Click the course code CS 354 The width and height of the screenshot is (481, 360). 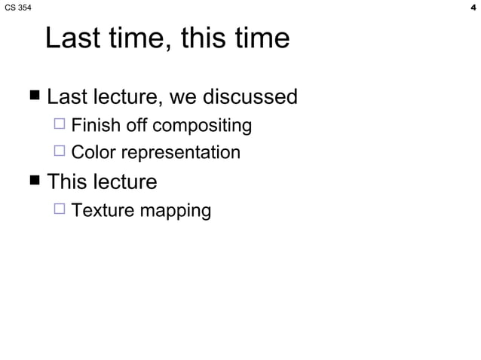tap(18, 8)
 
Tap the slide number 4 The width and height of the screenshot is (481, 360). tap(472, 8)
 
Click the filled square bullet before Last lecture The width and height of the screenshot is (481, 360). tap(34, 97)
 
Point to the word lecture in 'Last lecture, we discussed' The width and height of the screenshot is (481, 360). tap(125, 97)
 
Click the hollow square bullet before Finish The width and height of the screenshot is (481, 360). tap(60, 125)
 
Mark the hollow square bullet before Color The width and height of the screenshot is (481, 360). tap(60, 153)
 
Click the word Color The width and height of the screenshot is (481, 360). tap(93, 153)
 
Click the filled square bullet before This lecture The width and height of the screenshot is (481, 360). tap(34, 182)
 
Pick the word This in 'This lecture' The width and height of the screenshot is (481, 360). tap(66, 182)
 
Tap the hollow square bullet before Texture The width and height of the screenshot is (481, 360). tap(60, 209)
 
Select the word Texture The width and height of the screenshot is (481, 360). tap(99, 209)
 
